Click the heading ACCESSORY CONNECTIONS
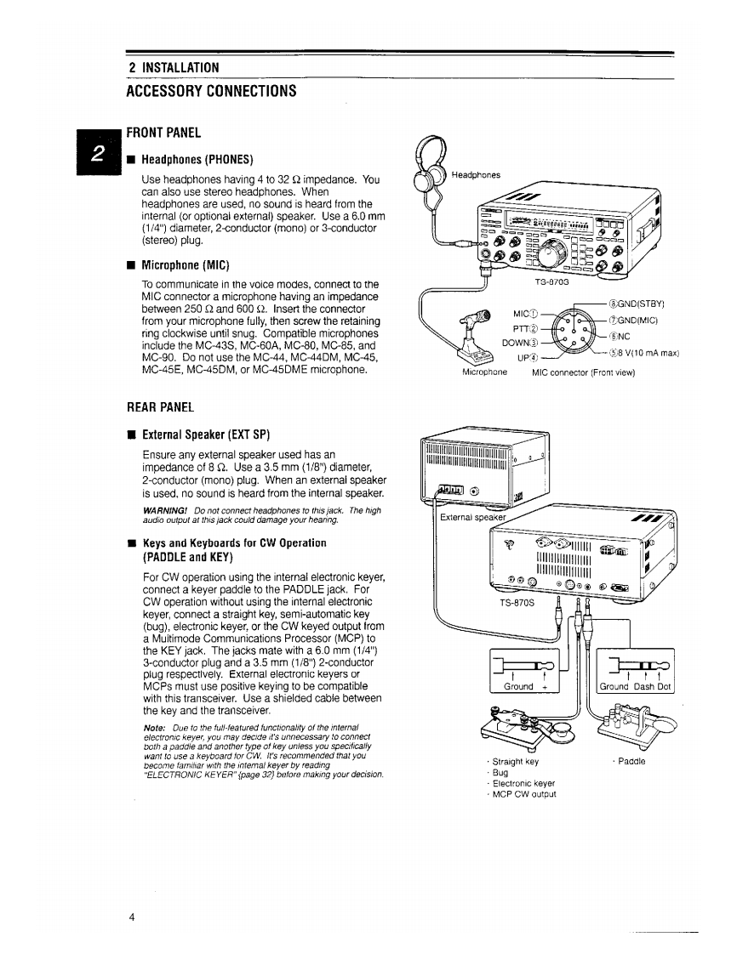click(211, 91)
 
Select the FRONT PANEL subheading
click(163, 133)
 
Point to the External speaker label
click(472, 517)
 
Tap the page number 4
click(131, 917)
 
